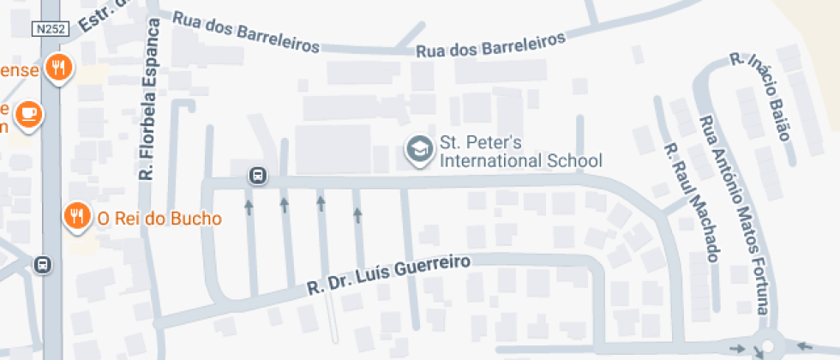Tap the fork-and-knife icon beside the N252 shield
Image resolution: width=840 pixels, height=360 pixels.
58,68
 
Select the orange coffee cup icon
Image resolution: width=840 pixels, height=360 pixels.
29,114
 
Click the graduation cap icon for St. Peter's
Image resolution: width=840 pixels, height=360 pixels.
419,149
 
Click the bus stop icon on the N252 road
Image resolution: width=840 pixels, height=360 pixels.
43,265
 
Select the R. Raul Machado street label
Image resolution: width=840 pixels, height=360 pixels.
691,201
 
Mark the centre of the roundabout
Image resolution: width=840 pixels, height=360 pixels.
767,346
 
